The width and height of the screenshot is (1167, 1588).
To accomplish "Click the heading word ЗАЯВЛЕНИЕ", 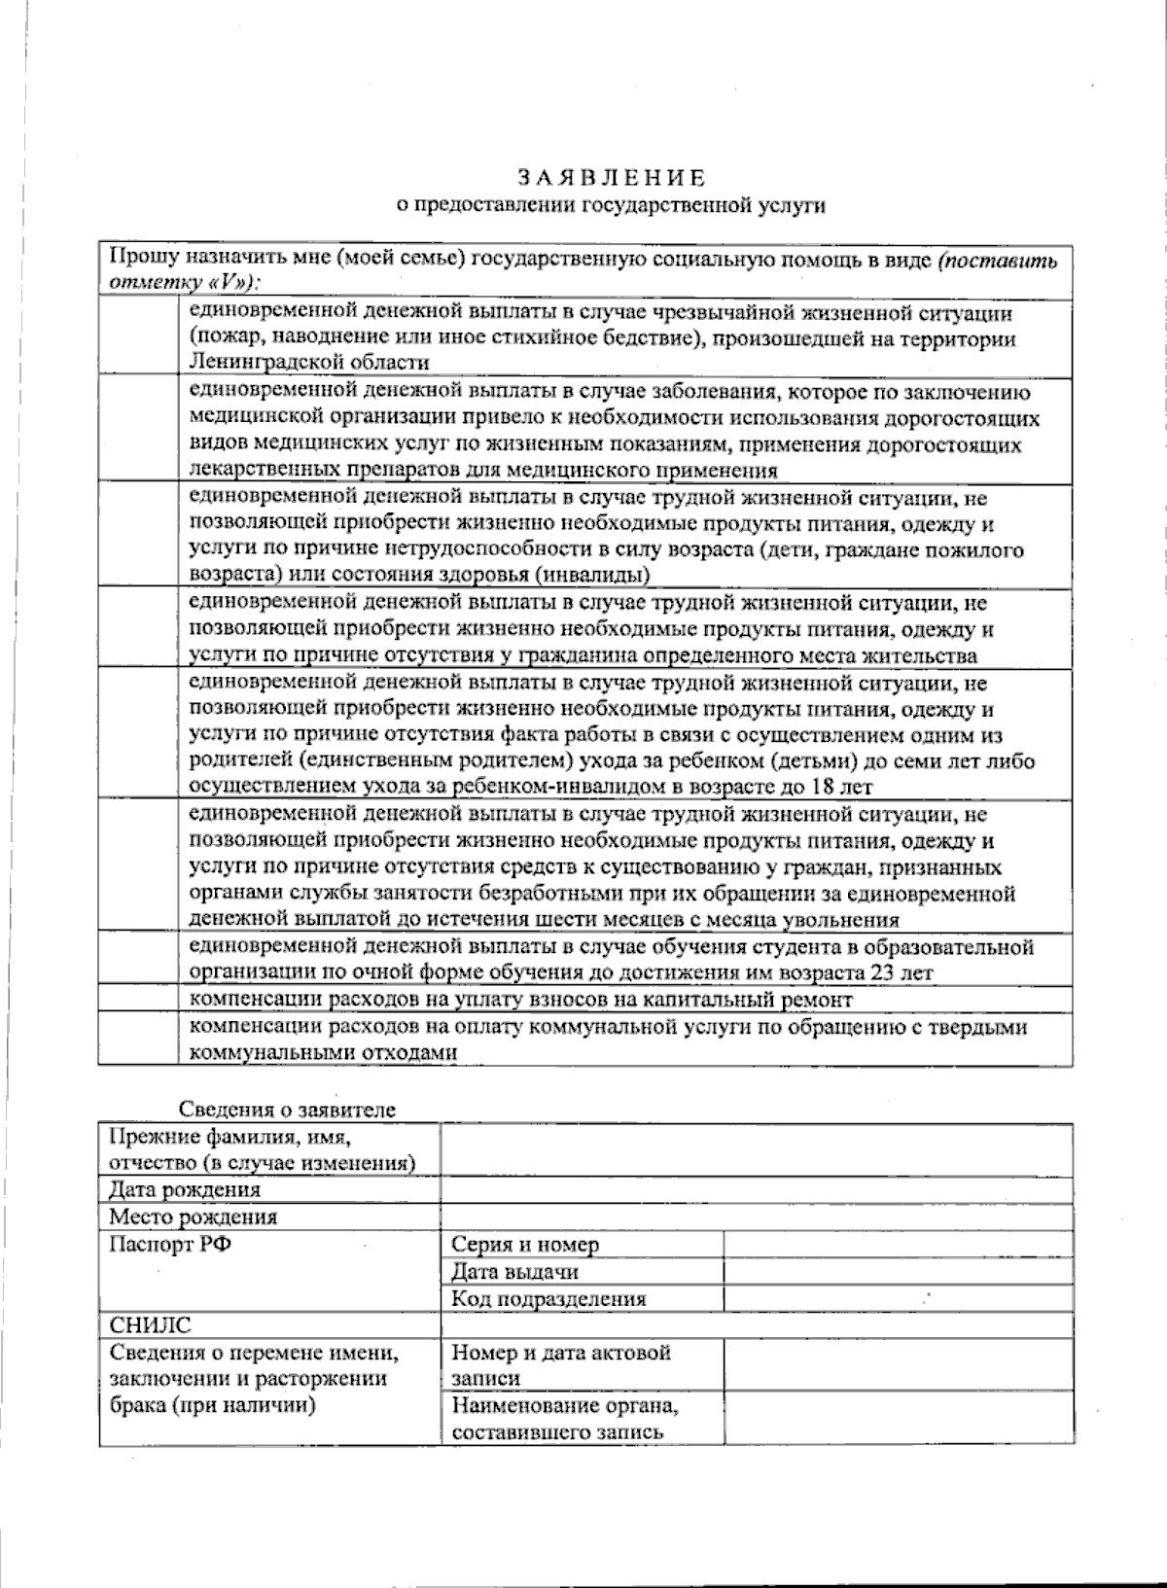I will pyautogui.click(x=611, y=178).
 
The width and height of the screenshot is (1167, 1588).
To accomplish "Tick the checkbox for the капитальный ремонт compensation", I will pyautogui.click(x=138, y=1000).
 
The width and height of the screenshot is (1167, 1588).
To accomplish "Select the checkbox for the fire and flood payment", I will pyautogui.click(x=138, y=337).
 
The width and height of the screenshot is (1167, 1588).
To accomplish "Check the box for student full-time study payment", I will pyautogui.click(x=138, y=960).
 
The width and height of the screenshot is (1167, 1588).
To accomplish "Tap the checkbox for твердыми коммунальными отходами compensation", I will pyautogui.click(x=138, y=1039).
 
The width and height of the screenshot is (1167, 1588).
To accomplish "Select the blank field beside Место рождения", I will pyautogui.click(x=757, y=1217).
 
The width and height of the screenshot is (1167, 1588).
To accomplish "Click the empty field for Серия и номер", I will pyautogui.click(x=898, y=1244).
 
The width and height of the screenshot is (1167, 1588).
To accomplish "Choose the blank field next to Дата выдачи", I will pyautogui.click(x=898, y=1271).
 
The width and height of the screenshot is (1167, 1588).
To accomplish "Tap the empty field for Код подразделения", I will pyautogui.click(x=898, y=1298).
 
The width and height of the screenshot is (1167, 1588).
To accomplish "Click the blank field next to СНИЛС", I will pyautogui.click(x=757, y=1325).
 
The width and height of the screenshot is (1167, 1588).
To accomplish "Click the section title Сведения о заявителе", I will pyautogui.click(x=287, y=1110).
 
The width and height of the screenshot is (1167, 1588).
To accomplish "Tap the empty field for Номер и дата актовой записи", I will pyautogui.click(x=898, y=1365).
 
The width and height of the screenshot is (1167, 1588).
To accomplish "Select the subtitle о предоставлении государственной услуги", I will pyautogui.click(x=610, y=205).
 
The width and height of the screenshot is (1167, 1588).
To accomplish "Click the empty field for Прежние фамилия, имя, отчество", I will pyautogui.click(x=757, y=1149).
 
